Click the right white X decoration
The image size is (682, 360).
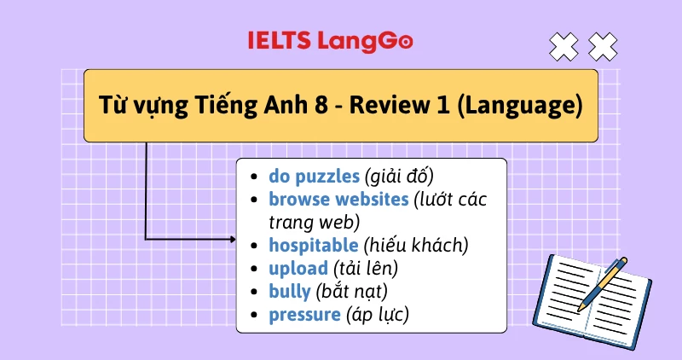click(x=603, y=46)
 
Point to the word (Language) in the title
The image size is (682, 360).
click(x=526, y=107)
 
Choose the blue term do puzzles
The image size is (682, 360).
click(x=314, y=177)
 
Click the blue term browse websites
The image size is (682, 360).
click(x=338, y=200)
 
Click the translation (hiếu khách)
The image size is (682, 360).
click(x=416, y=246)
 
